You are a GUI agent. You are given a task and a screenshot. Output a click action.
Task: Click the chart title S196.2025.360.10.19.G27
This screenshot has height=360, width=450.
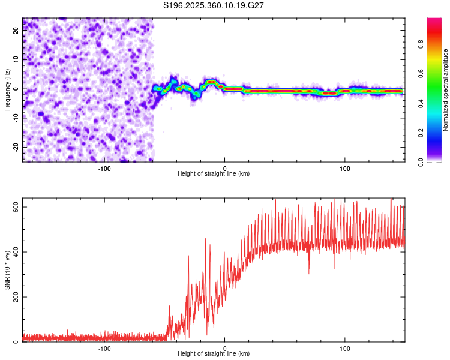point(214,5)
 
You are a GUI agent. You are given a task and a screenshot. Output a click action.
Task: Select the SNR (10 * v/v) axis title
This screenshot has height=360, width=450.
point(7,271)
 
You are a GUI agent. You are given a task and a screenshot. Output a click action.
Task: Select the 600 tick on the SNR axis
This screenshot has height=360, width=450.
point(15,207)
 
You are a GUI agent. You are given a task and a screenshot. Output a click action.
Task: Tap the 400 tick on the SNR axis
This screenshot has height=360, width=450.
point(15,252)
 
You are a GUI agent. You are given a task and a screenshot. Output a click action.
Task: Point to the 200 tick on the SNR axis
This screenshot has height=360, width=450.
point(15,297)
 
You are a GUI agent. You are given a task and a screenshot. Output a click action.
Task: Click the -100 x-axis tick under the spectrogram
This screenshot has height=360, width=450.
point(104,167)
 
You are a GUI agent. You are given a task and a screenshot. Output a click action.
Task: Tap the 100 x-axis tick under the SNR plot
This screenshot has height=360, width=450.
point(345,348)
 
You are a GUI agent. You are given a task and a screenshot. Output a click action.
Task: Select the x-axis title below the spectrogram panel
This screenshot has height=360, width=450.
point(214,173)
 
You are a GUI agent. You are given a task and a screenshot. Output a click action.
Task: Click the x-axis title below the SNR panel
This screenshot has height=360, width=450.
point(214,354)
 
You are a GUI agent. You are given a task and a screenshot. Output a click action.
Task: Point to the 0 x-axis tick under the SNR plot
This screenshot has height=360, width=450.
point(225,348)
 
